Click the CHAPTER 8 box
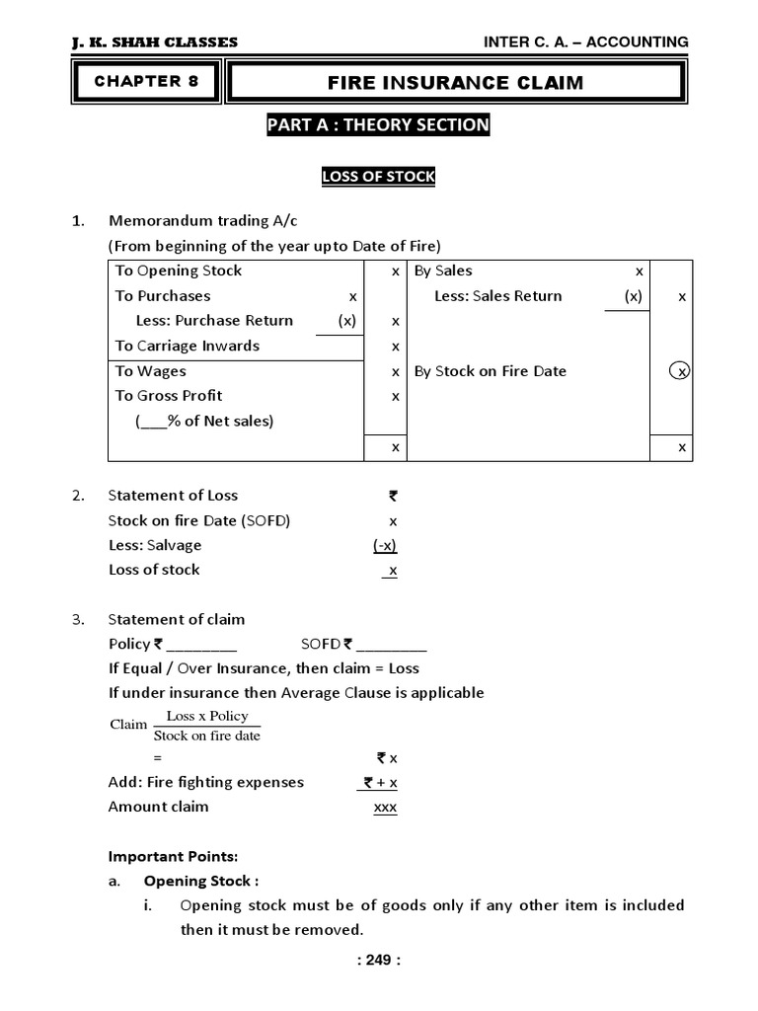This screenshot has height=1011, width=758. tap(146, 82)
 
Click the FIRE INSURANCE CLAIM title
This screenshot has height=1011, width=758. tap(455, 83)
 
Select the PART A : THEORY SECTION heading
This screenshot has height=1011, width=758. tap(378, 125)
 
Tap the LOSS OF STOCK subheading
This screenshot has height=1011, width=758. tap(378, 177)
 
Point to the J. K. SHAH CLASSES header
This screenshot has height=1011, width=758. tap(155, 42)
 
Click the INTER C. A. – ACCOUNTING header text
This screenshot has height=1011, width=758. tap(585, 41)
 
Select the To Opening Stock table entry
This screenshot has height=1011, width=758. tap(178, 272)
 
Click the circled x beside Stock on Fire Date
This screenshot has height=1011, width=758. tap(679, 371)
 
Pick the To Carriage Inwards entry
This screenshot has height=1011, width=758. tap(187, 346)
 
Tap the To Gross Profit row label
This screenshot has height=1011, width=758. tap(169, 396)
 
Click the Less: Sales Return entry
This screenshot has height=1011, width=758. tap(497, 296)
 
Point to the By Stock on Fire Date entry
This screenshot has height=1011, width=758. tap(490, 371)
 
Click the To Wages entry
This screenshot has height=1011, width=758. tap(150, 371)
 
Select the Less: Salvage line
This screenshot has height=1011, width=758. tap(154, 545)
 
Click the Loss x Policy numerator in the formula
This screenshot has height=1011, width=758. tap(207, 716)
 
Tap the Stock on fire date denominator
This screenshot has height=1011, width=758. tap(207, 736)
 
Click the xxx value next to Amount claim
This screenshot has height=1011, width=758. tap(384, 808)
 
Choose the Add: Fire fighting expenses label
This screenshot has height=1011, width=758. tap(205, 782)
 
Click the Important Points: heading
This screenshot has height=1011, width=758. tap(173, 856)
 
